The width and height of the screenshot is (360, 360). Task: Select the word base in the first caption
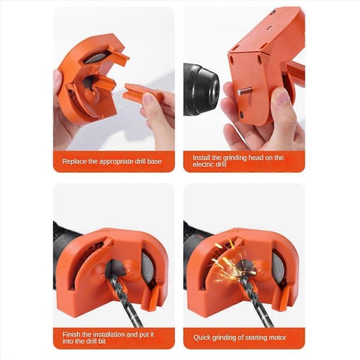tap(155, 161)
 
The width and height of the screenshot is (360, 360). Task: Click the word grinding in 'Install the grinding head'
tap(235, 158)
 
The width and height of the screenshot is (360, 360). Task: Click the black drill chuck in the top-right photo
tap(200, 89)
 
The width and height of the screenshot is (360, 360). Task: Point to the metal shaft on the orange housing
tap(245, 92)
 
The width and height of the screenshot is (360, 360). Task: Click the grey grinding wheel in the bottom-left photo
tap(147, 267)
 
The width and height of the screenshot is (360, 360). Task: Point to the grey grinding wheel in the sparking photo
tap(277, 268)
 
